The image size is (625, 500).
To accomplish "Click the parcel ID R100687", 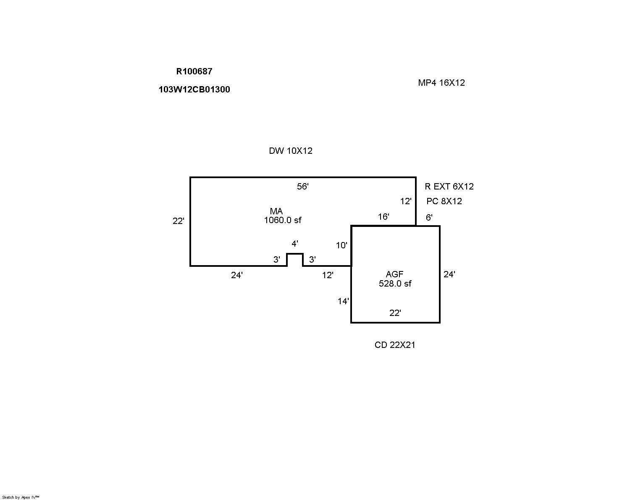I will pos(194,71).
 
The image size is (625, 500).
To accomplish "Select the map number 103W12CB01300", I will pos(194,89).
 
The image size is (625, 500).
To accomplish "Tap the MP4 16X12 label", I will pos(441,83).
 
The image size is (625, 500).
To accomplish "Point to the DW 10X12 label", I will pos(291,151).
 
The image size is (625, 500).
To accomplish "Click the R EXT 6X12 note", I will pos(449,187).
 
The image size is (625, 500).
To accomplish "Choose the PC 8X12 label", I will pos(444,201).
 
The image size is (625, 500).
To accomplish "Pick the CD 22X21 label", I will pos(395,345).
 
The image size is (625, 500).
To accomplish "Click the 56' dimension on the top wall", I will pos(303,187).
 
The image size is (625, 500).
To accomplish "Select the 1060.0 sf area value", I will pos(282,220).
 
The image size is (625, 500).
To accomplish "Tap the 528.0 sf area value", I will pos(395,284).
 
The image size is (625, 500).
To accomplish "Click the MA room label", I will pos(276,211).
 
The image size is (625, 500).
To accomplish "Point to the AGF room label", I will pos(395,275).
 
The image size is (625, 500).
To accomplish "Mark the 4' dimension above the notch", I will pos(295,244).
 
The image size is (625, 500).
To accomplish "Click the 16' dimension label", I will pos(383,217).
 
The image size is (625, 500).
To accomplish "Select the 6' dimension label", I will pos(429,218).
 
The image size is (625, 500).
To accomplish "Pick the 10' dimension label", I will pos(341,245).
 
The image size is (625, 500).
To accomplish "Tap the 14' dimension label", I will pos(343,301).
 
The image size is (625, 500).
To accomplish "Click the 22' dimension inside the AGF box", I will pos(395,313).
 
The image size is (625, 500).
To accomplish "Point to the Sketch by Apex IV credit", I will pos(21,497).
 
